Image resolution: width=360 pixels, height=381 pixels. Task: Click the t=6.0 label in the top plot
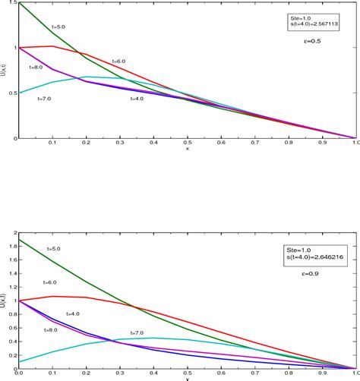pos(119,61)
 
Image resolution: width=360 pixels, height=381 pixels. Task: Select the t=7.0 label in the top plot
pos(46,99)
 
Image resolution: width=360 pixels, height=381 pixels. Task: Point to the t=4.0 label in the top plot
pos(137,99)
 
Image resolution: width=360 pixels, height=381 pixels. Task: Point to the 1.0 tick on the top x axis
pos(352,143)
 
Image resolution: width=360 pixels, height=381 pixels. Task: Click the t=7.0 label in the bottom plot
pos(137,333)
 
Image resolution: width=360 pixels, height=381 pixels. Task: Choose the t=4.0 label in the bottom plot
pos(74,313)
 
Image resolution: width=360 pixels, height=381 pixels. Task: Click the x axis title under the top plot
pos(186,149)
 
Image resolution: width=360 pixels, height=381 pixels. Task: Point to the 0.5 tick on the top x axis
pos(186,143)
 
